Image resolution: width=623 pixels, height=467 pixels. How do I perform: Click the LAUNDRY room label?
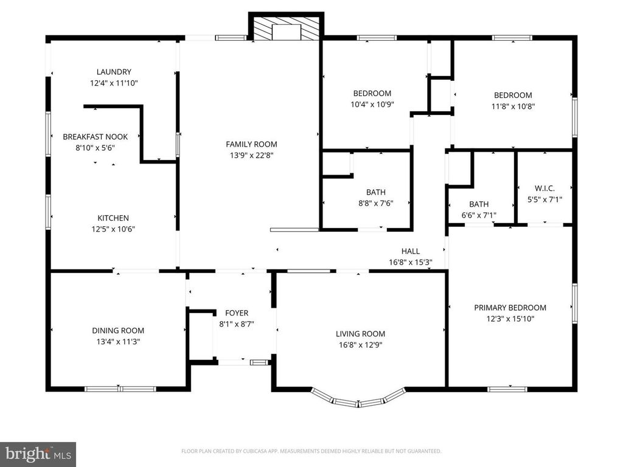tap(114, 72)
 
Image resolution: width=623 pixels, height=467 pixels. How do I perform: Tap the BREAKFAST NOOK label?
tap(96, 137)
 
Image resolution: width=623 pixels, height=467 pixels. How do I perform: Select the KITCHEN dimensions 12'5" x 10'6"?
tap(113, 229)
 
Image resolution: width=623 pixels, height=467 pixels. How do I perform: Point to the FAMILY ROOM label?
tap(251, 144)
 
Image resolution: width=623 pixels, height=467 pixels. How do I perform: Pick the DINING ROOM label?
tap(118, 330)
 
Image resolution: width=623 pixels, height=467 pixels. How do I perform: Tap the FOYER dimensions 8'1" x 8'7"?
tap(237, 324)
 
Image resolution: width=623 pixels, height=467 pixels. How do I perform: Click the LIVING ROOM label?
tap(360, 334)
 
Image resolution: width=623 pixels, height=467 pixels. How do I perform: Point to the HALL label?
tap(411, 251)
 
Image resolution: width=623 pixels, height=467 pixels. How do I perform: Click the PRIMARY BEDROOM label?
tap(510, 308)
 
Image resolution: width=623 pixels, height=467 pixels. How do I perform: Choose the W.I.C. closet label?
tap(545, 189)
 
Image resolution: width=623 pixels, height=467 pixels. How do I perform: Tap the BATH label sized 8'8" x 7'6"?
tap(376, 192)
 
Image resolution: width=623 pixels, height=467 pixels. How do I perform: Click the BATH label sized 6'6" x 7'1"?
tap(479, 204)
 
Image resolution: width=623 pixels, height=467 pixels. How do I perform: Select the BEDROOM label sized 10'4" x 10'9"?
tap(372, 93)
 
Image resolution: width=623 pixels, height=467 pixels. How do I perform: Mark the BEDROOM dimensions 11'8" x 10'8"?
tap(513, 106)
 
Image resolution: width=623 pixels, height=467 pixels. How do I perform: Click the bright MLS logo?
tap(38, 454)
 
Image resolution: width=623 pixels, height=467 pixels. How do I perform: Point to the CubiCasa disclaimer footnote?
tap(311, 451)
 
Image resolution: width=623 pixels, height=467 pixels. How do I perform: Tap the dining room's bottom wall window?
tap(120, 389)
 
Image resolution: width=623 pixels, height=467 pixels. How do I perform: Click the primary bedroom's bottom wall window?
tap(507, 389)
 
